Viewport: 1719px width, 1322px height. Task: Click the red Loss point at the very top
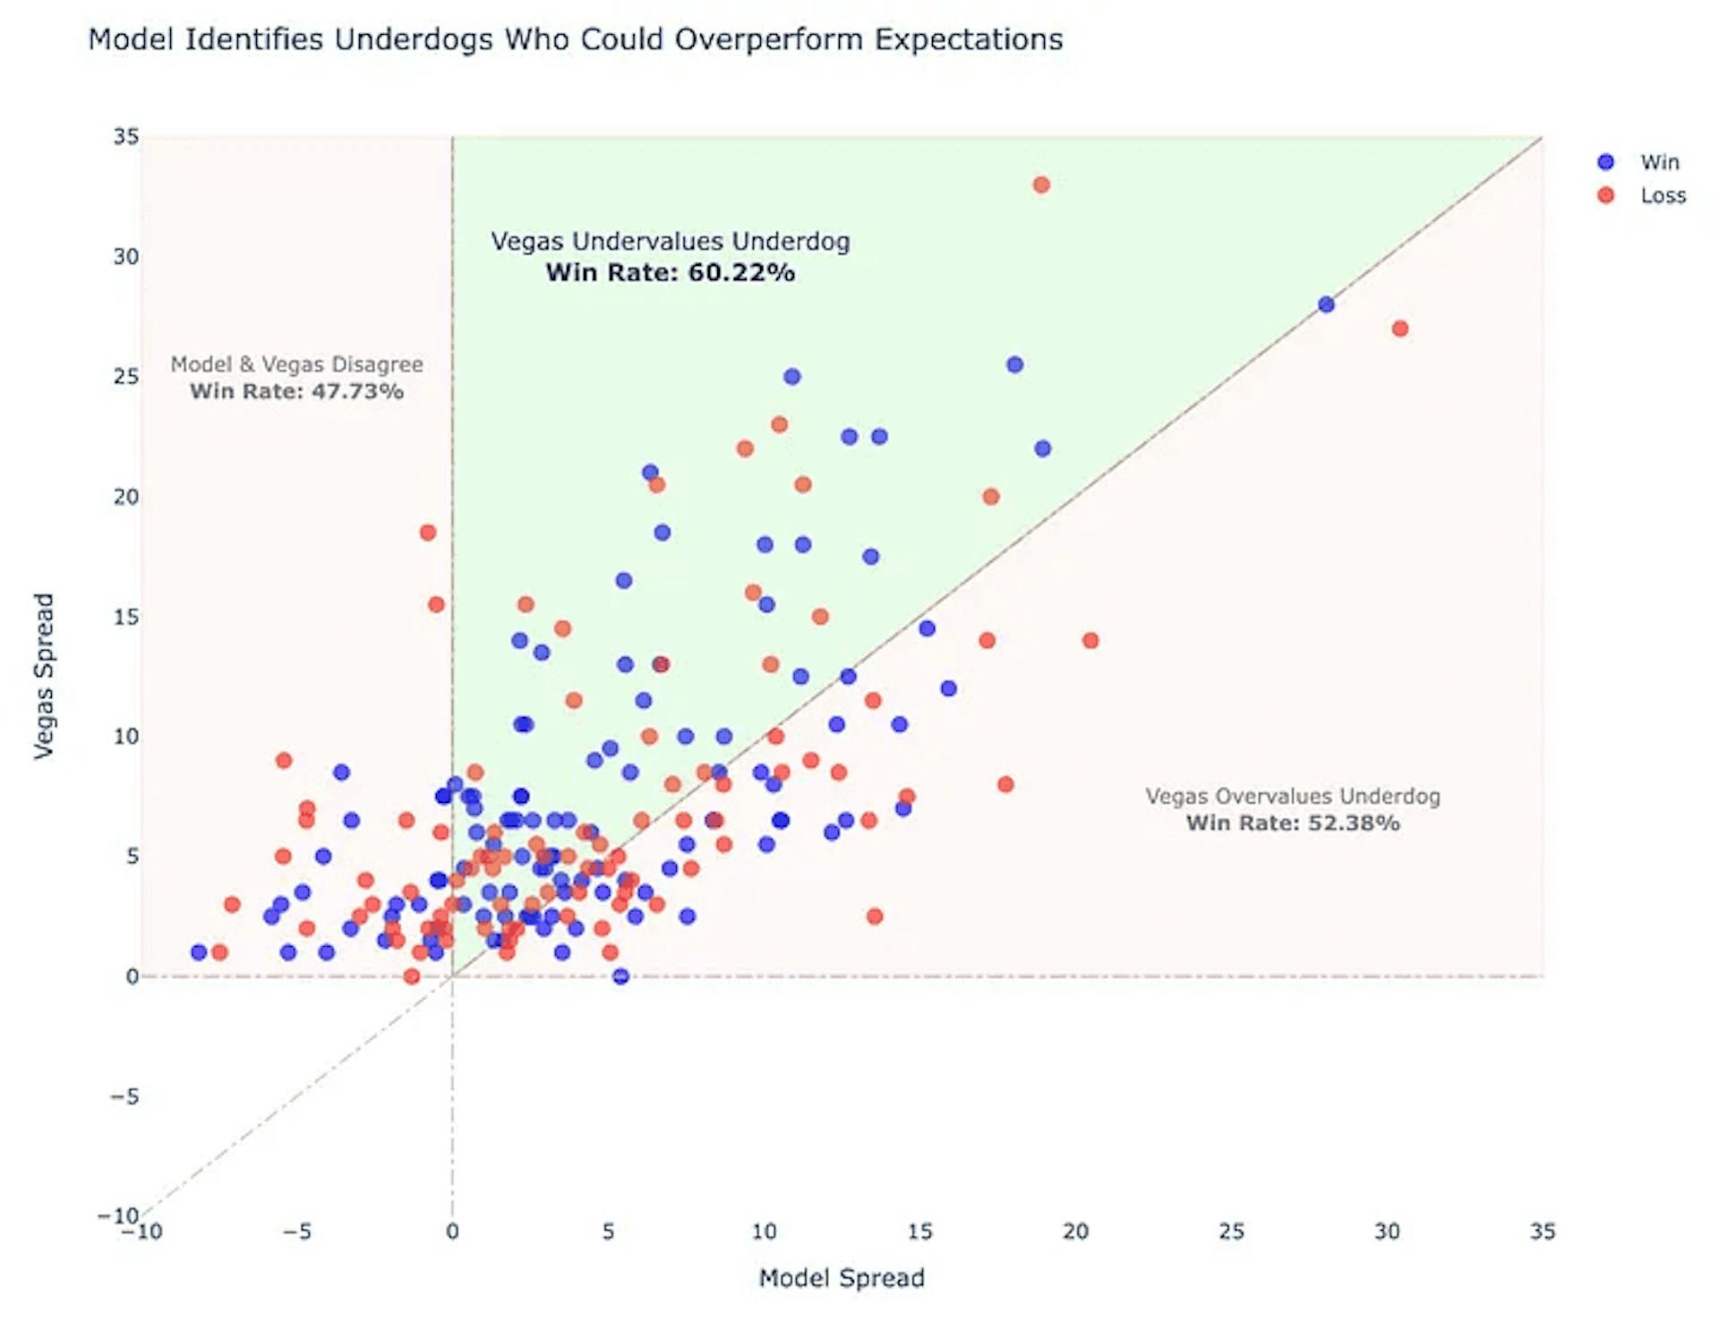tap(1040, 185)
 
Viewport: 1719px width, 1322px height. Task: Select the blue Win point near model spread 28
tap(1326, 305)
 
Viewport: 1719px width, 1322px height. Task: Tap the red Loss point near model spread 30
tap(1400, 329)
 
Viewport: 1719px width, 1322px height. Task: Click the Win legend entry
tap(1659, 162)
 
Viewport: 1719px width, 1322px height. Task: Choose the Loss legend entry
tap(1663, 196)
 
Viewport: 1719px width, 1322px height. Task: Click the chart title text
tap(575, 39)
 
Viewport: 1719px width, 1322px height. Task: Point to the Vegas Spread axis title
tap(44, 677)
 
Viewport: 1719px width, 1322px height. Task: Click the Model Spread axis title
tap(842, 1278)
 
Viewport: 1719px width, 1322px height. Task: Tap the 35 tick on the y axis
tap(126, 137)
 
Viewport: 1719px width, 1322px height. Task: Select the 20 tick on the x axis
tap(1075, 1232)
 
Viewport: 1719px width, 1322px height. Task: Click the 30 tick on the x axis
tap(1387, 1232)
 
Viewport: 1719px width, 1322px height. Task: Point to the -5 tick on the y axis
tap(124, 1096)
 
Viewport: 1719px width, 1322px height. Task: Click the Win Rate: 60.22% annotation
tap(671, 272)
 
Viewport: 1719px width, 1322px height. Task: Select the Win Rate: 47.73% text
tap(296, 391)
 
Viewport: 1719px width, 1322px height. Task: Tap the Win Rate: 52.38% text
tap(1293, 823)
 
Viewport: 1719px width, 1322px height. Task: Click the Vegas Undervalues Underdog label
tap(671, 241)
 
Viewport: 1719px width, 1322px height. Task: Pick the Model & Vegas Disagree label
tap(296, 364)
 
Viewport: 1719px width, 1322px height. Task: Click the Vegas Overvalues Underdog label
tap(1293, 797)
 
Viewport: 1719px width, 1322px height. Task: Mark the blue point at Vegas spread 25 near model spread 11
tap(791, 377)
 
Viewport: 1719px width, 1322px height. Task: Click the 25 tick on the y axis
tap(126, 377)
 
